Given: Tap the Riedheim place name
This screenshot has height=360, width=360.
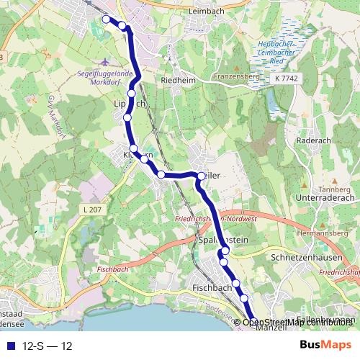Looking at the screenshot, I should coord(179,81).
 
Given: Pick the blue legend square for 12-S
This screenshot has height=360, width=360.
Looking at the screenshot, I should coord(9,346).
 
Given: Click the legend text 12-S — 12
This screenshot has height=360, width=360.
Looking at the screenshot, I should coord(48,346).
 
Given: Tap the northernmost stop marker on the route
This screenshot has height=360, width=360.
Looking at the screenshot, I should coord(106,19).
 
